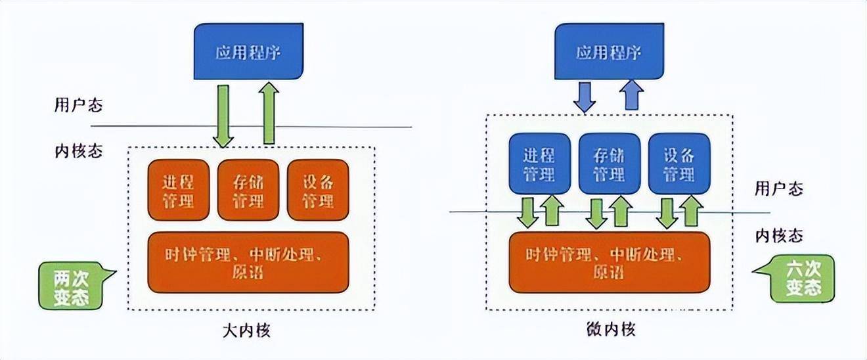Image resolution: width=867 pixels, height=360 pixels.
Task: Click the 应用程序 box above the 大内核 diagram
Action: click(x=248, y=52)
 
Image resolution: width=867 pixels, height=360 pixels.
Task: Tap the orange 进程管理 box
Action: click(x=177, y=189)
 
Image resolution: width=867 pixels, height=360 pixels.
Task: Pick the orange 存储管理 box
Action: click(x=248, y=189)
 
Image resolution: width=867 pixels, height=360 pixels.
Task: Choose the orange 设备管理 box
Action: click(x=317, y=189)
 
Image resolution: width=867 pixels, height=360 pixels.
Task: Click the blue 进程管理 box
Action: click(x=539, y=164)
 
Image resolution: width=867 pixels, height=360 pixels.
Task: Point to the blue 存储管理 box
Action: click(x=609, y=164)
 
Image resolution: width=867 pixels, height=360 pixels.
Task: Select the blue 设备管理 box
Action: click(x=678, y=164)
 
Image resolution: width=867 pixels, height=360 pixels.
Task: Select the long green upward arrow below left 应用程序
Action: click(x=268, y=113)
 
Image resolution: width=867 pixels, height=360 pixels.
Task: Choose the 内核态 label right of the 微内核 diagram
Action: click(x=778, y=235)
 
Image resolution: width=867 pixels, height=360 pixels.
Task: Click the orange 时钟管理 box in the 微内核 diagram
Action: click(x=609, y=261)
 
